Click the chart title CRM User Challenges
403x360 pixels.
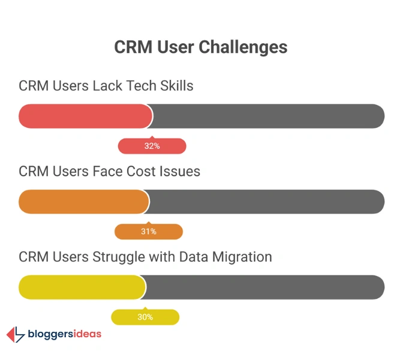pos(201,47)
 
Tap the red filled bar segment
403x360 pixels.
pos(85,116)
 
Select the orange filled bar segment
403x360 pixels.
pos(83,202)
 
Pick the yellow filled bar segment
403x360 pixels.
pos(82,287)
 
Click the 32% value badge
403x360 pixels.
pos(152,146)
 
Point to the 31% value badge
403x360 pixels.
pos(148,232)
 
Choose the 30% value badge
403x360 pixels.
pos(145,317)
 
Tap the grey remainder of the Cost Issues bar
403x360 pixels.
pos(266,202)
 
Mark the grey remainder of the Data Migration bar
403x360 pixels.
pos(264,287)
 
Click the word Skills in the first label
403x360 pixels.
pos(176,86)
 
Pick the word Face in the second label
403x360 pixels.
pos(107,172)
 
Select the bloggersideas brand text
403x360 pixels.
pos(65,334)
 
